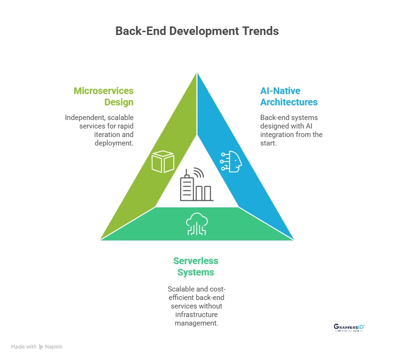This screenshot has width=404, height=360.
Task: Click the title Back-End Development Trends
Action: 197,31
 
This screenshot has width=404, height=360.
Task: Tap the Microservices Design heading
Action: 103,96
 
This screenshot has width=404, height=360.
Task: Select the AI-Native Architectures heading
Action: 289,96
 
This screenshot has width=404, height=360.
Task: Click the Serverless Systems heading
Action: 196,266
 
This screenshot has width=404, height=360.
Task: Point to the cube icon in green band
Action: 163,162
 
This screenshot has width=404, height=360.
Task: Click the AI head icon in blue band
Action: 231,161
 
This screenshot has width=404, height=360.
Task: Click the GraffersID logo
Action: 349,327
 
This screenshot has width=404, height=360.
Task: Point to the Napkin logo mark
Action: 41,347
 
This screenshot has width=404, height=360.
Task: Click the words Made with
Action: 24,347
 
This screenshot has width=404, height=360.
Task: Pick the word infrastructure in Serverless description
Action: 196,315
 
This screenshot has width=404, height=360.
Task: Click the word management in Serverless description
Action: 196,323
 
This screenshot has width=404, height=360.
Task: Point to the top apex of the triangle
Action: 197,73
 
